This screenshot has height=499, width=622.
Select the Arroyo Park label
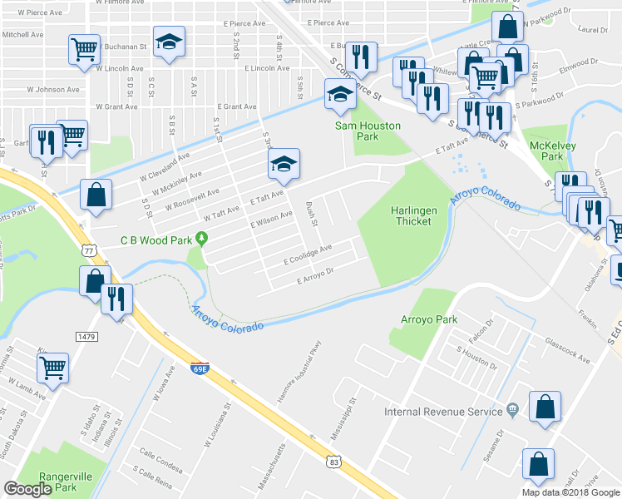click(x=430, y=319)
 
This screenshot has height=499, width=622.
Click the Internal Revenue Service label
click(x=444, y=411)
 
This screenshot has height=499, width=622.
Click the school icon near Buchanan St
click(x=170, y=42)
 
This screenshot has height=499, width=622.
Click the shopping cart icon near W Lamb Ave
click(x=53, y=366)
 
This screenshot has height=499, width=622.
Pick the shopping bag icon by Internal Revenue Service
click(x=545, y=408)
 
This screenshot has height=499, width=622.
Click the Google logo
click(x=28, y=489)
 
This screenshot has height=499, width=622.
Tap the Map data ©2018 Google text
click(x=570, y=492)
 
